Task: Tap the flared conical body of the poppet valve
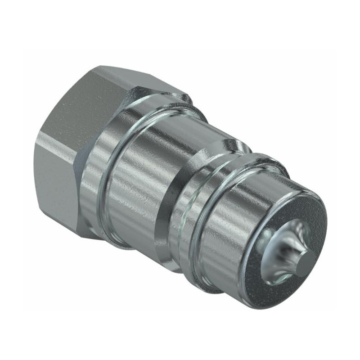point(288,252)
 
